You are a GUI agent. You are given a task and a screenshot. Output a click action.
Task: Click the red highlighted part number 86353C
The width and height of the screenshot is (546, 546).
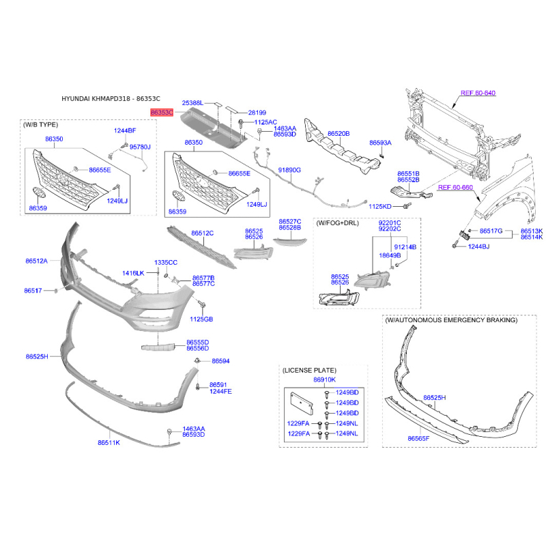[162, 113]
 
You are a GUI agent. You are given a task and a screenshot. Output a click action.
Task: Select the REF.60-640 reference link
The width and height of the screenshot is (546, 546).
[478, 93]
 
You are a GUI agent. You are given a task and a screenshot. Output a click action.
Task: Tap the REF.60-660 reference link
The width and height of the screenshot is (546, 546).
[455, 187]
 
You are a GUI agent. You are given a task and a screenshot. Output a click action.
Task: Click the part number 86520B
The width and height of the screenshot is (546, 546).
[339, 134]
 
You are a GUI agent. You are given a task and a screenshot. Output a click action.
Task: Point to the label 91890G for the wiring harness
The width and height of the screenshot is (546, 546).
[289, 170]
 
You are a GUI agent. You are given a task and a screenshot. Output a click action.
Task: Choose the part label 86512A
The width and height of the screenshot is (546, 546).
[37, 261]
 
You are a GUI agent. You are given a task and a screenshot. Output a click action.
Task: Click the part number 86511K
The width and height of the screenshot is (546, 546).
[109, 442]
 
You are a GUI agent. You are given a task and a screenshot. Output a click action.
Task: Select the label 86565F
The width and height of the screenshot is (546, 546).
[418, 438]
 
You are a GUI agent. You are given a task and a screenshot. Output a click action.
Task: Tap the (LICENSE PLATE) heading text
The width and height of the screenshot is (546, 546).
[309, 370]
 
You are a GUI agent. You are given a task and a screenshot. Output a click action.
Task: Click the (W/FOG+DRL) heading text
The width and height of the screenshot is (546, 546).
[337, 223]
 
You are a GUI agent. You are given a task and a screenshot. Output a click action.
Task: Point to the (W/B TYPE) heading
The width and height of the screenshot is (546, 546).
[40, 125]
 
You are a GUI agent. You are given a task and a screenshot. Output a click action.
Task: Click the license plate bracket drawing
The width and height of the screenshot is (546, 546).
[302, 403]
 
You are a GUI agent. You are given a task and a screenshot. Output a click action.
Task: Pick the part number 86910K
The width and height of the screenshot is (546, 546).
[325, 379]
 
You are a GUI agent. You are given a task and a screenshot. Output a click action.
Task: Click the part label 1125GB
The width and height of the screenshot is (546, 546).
[201, 319]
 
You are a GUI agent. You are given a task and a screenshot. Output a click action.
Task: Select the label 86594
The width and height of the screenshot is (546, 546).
[220, 361]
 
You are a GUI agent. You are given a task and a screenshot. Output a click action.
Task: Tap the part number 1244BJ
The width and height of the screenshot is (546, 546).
[478, 246]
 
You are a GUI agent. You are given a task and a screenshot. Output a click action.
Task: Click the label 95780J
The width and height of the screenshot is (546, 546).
[140, 147]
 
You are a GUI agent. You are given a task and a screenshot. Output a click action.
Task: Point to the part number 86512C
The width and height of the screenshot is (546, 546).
[202, 233]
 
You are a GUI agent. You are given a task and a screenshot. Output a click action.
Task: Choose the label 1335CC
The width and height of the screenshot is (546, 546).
[166, 263]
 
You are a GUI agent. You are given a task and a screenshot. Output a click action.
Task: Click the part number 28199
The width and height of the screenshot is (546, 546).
[257, 113]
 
